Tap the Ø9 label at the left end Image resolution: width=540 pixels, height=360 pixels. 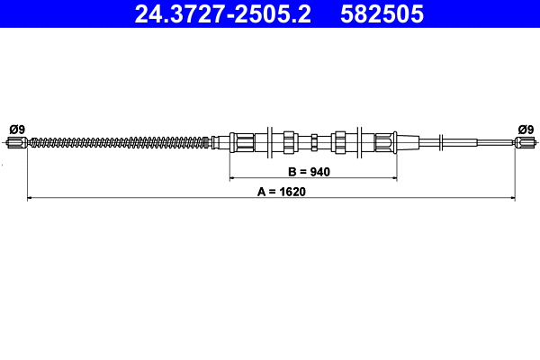[x=16, y=128]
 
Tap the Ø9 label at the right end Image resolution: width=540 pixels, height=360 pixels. [x=526, y=128]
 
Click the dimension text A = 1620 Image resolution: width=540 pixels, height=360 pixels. [x=270, y=192]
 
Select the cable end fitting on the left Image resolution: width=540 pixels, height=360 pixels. [x=18, y=141]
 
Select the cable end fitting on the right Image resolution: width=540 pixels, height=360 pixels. [x=525, y=141]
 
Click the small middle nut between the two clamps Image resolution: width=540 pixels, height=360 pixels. [x=314, y=141]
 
